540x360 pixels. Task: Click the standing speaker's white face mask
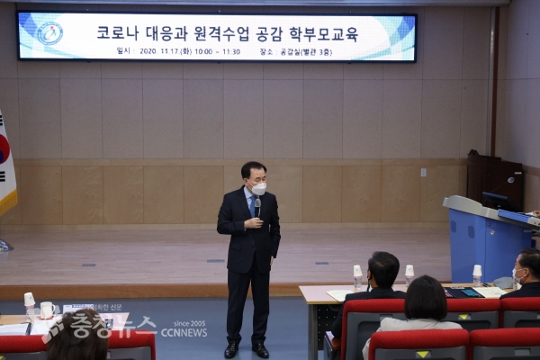coord(258,188)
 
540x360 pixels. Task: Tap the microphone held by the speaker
coord(257,210)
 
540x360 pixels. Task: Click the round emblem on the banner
coord(49,34)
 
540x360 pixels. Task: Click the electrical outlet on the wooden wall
coord(423,172)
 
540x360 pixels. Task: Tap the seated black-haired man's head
coord(383,269)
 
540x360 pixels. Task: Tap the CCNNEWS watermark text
coord(184,332)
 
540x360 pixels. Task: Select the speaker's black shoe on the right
coord(260,349)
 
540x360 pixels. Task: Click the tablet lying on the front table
coord(471,292)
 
